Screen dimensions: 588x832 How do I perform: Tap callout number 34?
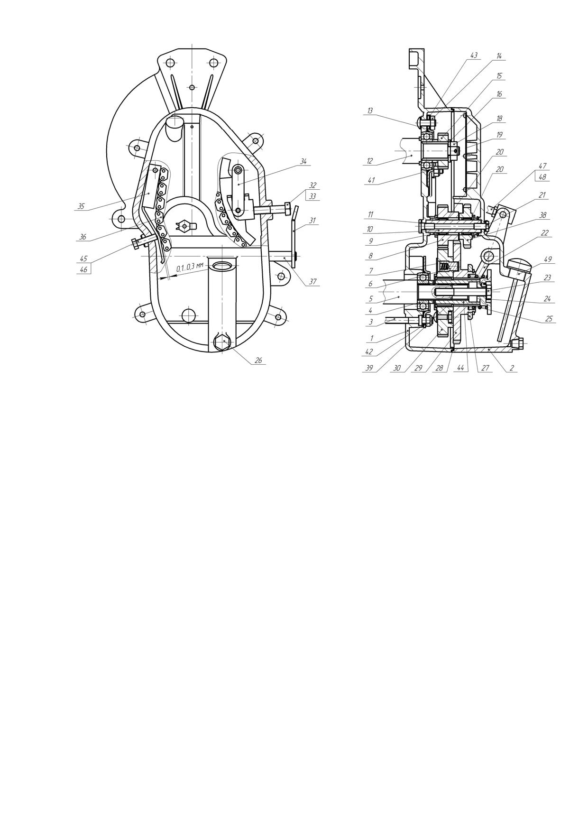click(303, 162)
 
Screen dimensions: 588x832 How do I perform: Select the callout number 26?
click(258, 361)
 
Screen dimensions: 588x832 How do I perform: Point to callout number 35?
click(81, 206)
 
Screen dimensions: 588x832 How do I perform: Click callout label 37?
click(312, 282)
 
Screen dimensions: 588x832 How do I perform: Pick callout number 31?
click(312, 220)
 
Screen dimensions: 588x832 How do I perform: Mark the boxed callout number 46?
click(84, 269)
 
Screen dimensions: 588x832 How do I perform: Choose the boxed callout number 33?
click(312, 196)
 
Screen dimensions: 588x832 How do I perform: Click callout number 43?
click(473, 55)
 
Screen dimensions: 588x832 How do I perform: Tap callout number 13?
click(370, 111)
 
